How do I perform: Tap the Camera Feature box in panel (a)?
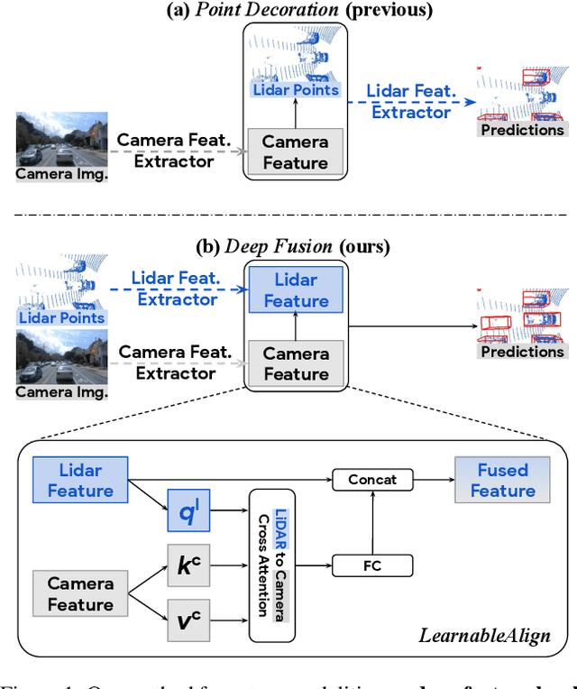(296, 152)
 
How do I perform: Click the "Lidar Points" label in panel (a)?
(297, 89)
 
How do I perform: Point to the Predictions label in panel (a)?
(522, 129)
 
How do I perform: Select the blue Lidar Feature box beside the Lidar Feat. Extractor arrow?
(296, 290)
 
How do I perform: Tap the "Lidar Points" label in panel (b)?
(61, 317)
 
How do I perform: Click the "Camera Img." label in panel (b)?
(62, 391)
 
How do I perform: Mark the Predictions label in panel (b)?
(522, 352)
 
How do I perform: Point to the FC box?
(372, 566)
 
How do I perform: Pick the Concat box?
(372, 480)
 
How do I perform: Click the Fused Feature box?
(502, 480)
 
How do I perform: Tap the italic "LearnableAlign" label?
(484, 636)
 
